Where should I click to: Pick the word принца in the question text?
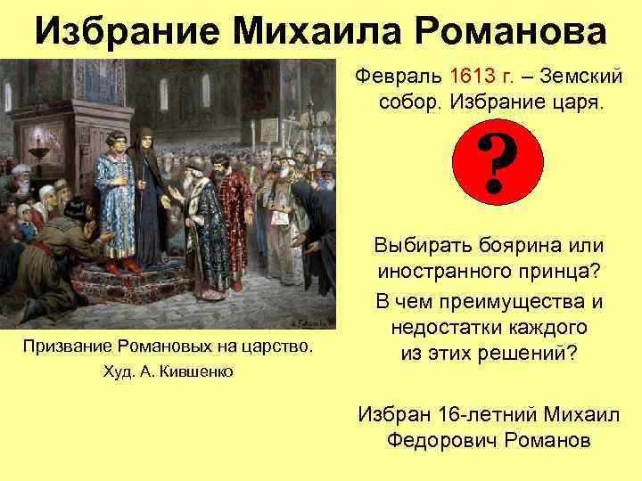566,273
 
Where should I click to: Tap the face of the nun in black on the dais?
145,138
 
